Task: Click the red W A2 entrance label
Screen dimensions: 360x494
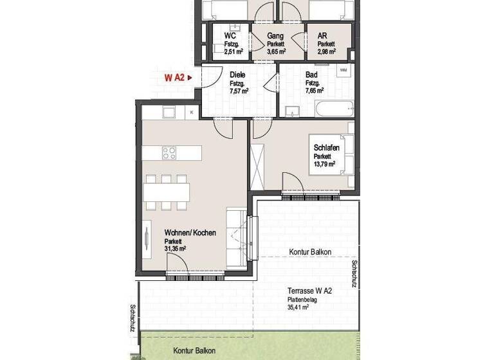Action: point(174,78)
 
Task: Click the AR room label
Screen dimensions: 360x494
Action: point(323,35)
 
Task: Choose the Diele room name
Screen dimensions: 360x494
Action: point(238,75)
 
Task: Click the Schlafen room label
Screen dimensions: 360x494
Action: point(326,148)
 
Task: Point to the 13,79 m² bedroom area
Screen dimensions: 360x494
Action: point(325,164)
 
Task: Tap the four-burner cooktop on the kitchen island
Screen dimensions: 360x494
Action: point(169,153)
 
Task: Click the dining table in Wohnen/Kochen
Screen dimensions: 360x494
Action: point(167,192)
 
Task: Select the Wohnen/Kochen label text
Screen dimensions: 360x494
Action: point(190,232)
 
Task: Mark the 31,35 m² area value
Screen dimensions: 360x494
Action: point(175,248)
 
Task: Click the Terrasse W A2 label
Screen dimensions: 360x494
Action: point(309,291)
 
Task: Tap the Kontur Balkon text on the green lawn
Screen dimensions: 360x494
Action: point(194,351)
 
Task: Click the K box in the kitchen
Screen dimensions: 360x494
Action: point(192,113)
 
